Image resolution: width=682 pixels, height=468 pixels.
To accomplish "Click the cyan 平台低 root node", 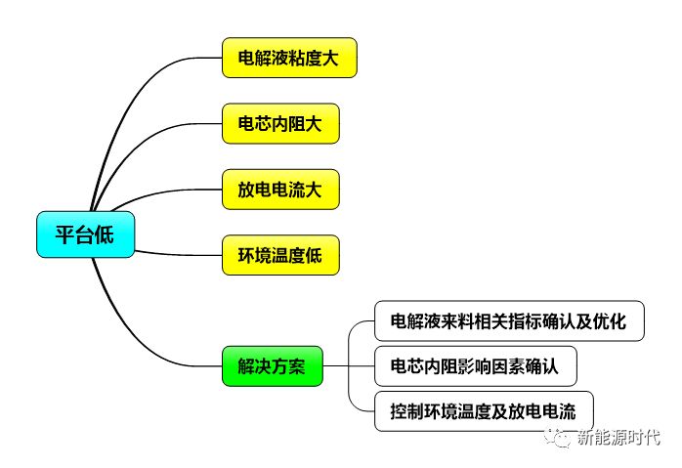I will point(82,234).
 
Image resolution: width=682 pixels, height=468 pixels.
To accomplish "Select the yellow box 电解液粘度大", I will point(290,58).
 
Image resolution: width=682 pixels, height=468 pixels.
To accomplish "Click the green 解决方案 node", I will point(272,366).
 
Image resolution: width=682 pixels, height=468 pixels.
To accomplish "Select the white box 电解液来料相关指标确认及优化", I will point(509,320).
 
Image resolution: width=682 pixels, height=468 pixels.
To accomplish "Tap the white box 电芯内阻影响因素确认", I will point(475,366).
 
